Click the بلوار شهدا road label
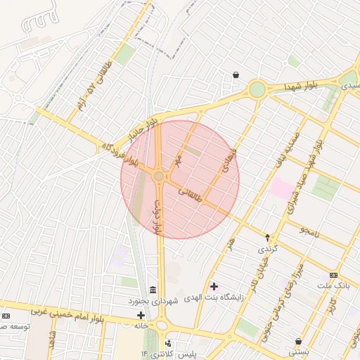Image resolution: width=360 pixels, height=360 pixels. (302, 84)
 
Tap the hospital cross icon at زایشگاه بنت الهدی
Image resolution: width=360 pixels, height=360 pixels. (214, 286)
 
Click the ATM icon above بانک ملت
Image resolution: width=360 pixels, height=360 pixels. (333, 275)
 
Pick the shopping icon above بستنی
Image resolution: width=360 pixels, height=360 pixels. (299, 341)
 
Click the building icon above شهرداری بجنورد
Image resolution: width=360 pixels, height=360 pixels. (153, 290)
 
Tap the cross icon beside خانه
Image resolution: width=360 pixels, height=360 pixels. (141, 314)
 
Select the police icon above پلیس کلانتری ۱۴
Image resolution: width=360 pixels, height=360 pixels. (168, 343)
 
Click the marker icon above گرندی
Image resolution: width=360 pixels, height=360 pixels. (267, 238)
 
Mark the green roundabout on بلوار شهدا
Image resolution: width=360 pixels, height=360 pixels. (257, 89)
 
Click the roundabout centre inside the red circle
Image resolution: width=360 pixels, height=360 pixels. (159, 176)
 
